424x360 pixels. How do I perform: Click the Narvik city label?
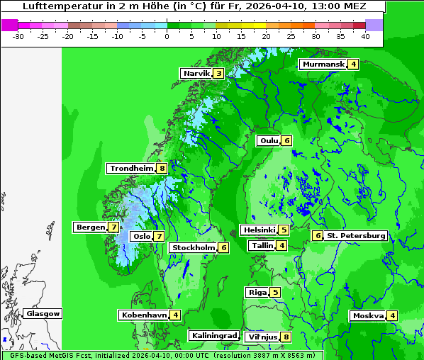196,73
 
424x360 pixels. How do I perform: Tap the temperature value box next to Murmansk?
353,64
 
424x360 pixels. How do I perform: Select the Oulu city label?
269,140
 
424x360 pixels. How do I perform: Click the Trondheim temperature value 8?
162,169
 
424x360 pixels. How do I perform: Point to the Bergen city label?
90,227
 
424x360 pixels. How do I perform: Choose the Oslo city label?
142,237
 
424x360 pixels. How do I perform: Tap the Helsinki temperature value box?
284,230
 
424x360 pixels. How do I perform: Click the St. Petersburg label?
356,235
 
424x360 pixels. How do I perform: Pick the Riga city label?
257,292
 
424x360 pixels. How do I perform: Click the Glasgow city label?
43,313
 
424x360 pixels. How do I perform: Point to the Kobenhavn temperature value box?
175,315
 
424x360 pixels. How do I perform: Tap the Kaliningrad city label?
213,335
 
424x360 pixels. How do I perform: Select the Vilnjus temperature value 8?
286,337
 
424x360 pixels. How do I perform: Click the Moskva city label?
368,315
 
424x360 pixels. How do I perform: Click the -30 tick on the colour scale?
18,35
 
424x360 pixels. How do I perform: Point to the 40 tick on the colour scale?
365,35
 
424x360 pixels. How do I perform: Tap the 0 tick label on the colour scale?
167,35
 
